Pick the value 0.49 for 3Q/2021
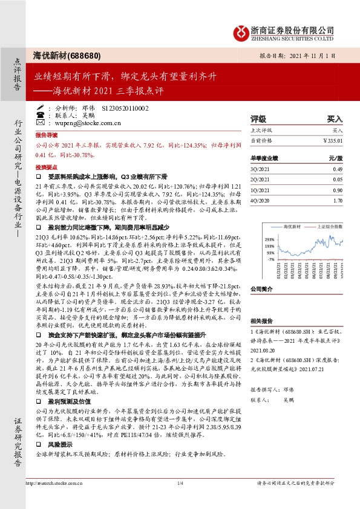pos(338,169)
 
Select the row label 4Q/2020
pos(261,199)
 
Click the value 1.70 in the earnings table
pos(338,199)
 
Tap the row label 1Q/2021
pos(261,189)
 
